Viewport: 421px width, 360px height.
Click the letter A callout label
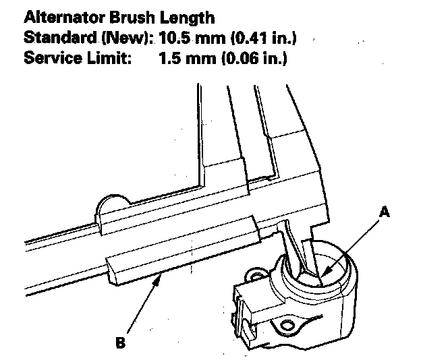coord(385,212)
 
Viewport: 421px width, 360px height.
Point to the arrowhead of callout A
coord(323,274)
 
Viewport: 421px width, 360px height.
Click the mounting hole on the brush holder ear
coord(255,276)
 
